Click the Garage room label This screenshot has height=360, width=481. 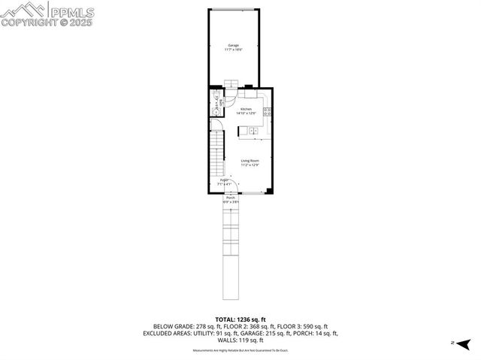pyautogui.click(x=234, y=47)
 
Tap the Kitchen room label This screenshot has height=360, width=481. pyautogui.click(x=246, y=111)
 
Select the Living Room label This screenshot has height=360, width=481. pyautogui.click(x=250, y=162)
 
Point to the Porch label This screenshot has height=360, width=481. pyautogui.click(x=230, y=199)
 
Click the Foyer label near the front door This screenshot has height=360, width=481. pyautogui.click(x=224, y=182)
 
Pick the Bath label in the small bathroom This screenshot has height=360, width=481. pyautogui.click(x=221, y=103)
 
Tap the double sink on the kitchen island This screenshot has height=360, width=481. pyautogui.click(x=253, y=132)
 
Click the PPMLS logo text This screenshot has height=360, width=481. pyautogui.click(x=71, y=11)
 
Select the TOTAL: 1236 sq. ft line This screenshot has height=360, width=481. pyautogui.click(x=240, y=319)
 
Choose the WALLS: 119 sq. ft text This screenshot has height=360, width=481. pyautogui.click(x=240, y=340)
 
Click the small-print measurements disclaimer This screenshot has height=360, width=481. pyautogui.click(x=240, y=350)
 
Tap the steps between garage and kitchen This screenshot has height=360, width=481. pyautogui.click(x=233, y=85)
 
